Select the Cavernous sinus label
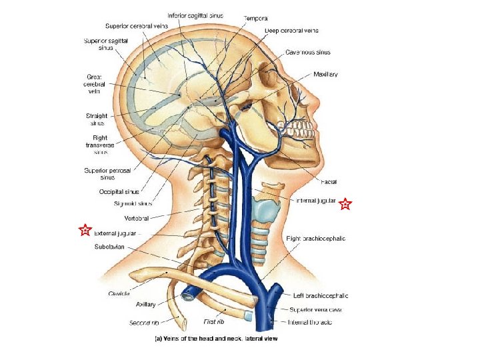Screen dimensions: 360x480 pyautogui.click(x=308, y=52)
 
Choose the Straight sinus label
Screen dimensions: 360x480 pyautogui.click(x=97, y=119)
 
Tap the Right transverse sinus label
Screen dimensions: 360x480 pyautogui.click(x=95, y=145)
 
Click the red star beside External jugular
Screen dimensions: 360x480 pyautogui.click(x=84, y=231)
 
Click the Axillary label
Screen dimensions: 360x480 pyautogui.click(x=146, y=304)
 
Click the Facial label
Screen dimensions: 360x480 pyautogui.click(x=329, y=181)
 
